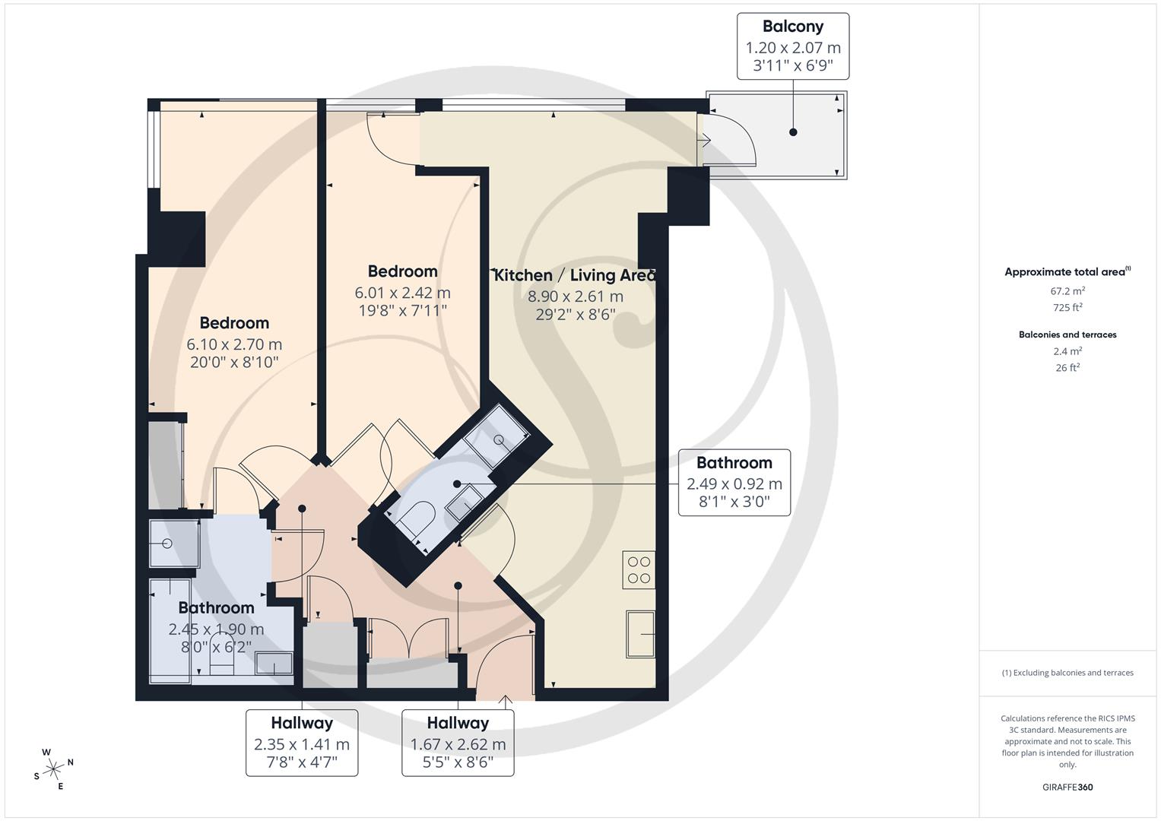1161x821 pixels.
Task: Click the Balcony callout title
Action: click(x=792, y=27)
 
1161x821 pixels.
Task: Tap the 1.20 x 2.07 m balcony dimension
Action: click(x=792, y=48)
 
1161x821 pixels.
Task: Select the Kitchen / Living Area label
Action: click(x=574, y=275)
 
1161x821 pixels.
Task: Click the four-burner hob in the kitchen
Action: click(x=639, y=569)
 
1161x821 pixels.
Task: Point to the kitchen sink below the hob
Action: click(x=640, y=634)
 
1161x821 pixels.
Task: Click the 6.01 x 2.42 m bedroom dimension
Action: click(x=403, y=293)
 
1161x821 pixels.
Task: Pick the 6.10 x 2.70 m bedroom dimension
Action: click(x=234, y=344)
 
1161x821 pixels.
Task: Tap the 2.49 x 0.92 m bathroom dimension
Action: click(x=734, y=484)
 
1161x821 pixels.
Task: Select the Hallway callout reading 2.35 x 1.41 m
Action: click(x=302, y=742)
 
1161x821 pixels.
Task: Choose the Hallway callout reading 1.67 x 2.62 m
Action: click(x=458, y=742)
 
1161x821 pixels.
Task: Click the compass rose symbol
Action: click(x=53, y=769)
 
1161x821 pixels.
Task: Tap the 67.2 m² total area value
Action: click(x=1067, y=290)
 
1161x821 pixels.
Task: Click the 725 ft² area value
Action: click(x=1067, y=307)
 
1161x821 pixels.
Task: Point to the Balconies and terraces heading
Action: click(x=1067, y=334)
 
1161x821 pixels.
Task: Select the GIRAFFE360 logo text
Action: click(x=1067, y=788)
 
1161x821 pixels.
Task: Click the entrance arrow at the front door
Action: click(x=506, y=701)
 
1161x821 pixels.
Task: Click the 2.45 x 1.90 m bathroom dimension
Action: click(x=216, y=629)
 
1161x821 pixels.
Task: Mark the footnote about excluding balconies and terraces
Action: click(x=1067, y=673)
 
